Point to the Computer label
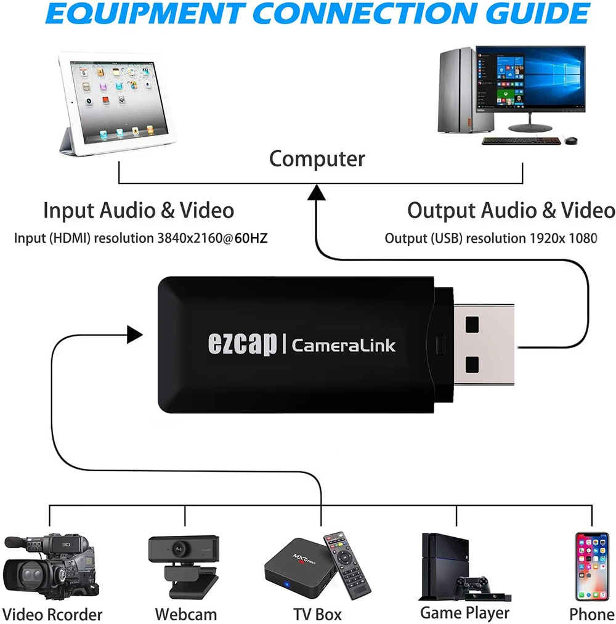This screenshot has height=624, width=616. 317,159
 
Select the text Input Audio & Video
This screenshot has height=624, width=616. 139,211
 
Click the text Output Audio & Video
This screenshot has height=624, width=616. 511,211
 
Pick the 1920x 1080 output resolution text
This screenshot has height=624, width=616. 563,238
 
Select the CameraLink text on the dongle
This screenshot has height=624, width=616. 343,345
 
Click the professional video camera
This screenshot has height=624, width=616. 49,567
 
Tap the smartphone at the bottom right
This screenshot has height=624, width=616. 591,566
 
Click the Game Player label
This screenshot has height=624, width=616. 464,613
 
